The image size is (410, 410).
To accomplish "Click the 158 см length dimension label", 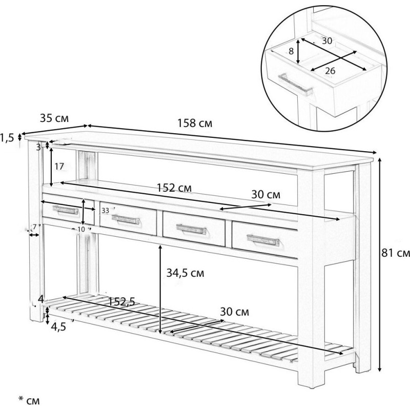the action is [x=195, y=123].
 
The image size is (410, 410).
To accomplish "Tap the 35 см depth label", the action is [x=54, y=118].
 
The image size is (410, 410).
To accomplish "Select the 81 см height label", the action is [x=396, y=253].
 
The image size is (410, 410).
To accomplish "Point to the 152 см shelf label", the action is [x=174, y=188].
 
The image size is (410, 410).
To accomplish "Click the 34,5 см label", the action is [x=185, y=273].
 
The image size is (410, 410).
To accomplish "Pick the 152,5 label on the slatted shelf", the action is [x=121, y=302].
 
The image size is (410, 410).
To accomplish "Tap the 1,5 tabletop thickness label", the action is [x=7, y=138].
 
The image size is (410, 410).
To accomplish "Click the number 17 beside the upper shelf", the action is [x=59, y=166].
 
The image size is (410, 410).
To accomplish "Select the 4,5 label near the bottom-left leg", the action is [x=58, y=327].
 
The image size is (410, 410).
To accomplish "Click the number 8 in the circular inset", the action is [x=291, y=51].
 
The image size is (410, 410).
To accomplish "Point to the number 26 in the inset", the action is [x=330, y=71].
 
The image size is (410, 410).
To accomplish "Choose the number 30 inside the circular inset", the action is [x=327, y=41].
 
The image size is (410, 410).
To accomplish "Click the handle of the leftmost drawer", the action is [x=66, y=210].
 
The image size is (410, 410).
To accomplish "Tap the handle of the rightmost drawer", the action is [x=263, y=240].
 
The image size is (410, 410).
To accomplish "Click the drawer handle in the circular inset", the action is [x=296, y=85].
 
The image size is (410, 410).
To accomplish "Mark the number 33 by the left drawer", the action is [x=105, y=211].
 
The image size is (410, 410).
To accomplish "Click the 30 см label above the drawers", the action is [x=265, y=195].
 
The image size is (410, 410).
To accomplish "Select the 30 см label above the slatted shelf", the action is [x=235, y=312].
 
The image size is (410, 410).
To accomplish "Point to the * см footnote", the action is [x=29, y=400].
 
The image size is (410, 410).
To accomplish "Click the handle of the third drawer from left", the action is [x=191, y=229].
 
